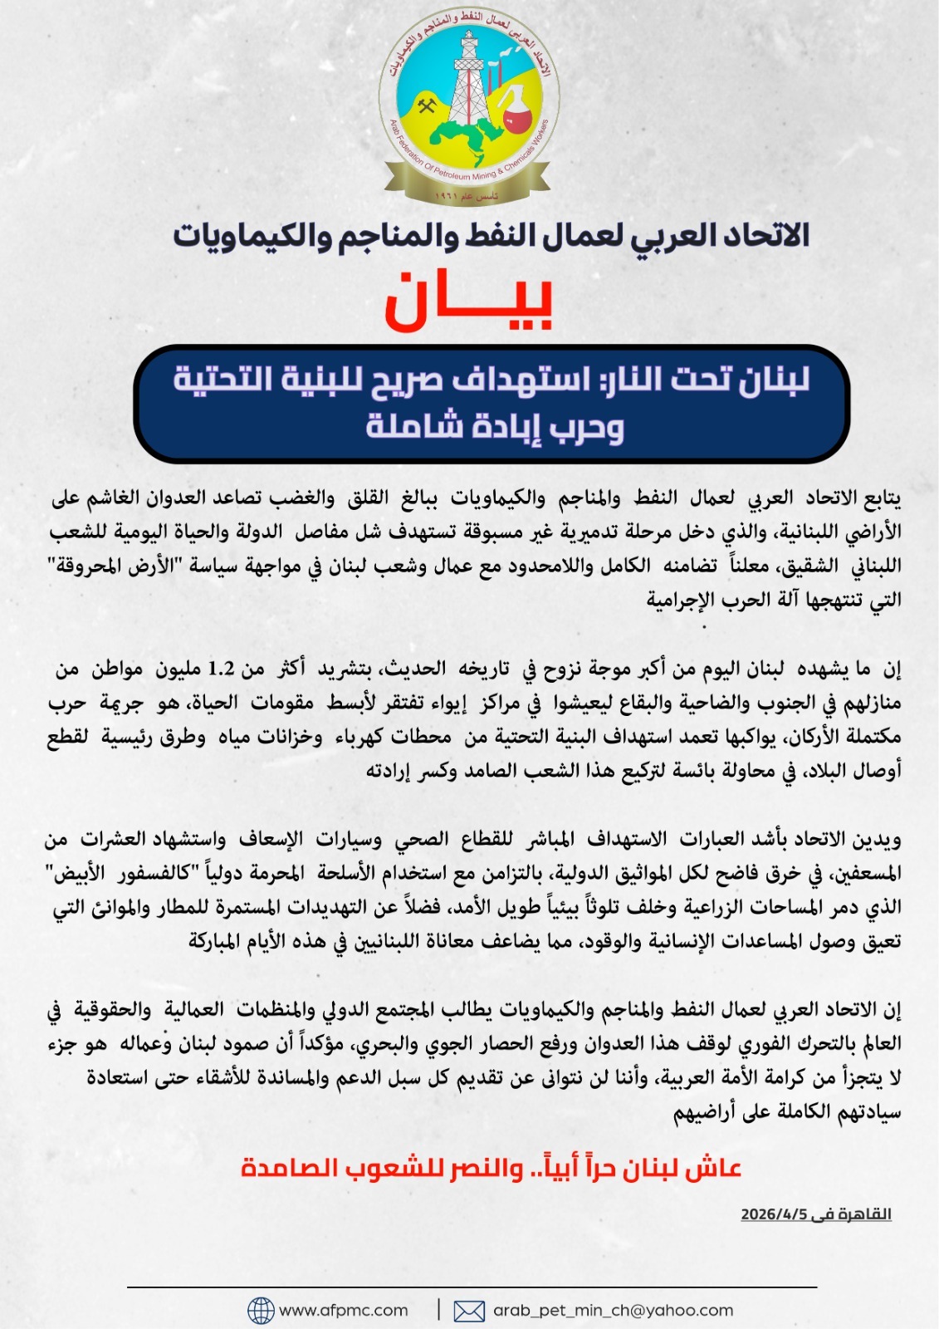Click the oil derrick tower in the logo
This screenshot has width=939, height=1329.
coord(468,79)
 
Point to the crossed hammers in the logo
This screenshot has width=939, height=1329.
coord(427,107)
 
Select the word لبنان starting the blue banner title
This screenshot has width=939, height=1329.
coord(769,380)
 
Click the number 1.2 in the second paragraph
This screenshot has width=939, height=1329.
coord(221,669)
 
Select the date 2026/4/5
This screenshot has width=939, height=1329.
coord(773,1214)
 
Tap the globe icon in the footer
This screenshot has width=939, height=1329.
coord(261,1311)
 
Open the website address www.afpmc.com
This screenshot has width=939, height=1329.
coord(344,1311)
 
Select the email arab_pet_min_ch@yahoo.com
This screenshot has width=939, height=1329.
coord(613,1311)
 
